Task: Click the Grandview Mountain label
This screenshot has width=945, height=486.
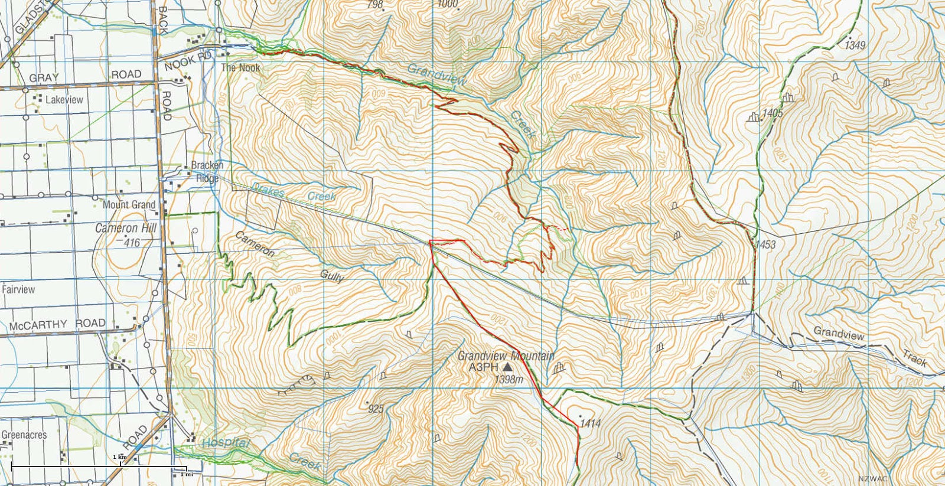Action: (506, 355)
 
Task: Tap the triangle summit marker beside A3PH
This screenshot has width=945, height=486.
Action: (507, 367)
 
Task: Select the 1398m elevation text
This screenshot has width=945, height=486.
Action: (509, 380)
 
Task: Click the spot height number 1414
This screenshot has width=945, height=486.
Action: (590, 423)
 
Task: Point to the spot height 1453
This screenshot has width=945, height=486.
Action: (765, 244)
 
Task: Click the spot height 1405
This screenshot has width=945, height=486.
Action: (773, 112)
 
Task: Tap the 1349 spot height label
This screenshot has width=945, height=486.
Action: (855, 45)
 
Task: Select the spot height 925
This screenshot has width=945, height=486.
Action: (376, 409)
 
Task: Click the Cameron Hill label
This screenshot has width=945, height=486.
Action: (126, 228)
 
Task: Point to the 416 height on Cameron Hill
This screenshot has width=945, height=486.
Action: (132, 242)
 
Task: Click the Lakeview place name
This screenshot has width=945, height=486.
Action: (64, 100)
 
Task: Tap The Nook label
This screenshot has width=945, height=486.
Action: (240, 68)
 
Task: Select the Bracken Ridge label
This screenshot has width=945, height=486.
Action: (207, 172)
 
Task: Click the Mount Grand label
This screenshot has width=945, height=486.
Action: (129, 204)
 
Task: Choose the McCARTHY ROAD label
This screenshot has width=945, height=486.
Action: (57, 325)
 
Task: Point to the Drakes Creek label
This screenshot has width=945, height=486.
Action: (294, 193)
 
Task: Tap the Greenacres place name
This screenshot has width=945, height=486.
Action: (24, 435)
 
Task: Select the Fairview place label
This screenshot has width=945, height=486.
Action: (18, 289)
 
